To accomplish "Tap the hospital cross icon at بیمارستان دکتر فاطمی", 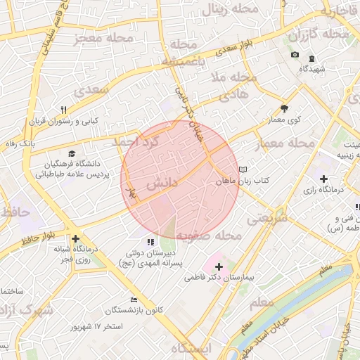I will click(219, 266).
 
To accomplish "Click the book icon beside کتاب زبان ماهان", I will click(243, 169).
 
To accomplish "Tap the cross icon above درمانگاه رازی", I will click(323, 179).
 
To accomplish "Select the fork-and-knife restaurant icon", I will click(63, 109).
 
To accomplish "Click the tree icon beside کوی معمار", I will click(284, 108).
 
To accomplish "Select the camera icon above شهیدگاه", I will click(295, 56).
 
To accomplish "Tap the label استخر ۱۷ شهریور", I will click(98, 327).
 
